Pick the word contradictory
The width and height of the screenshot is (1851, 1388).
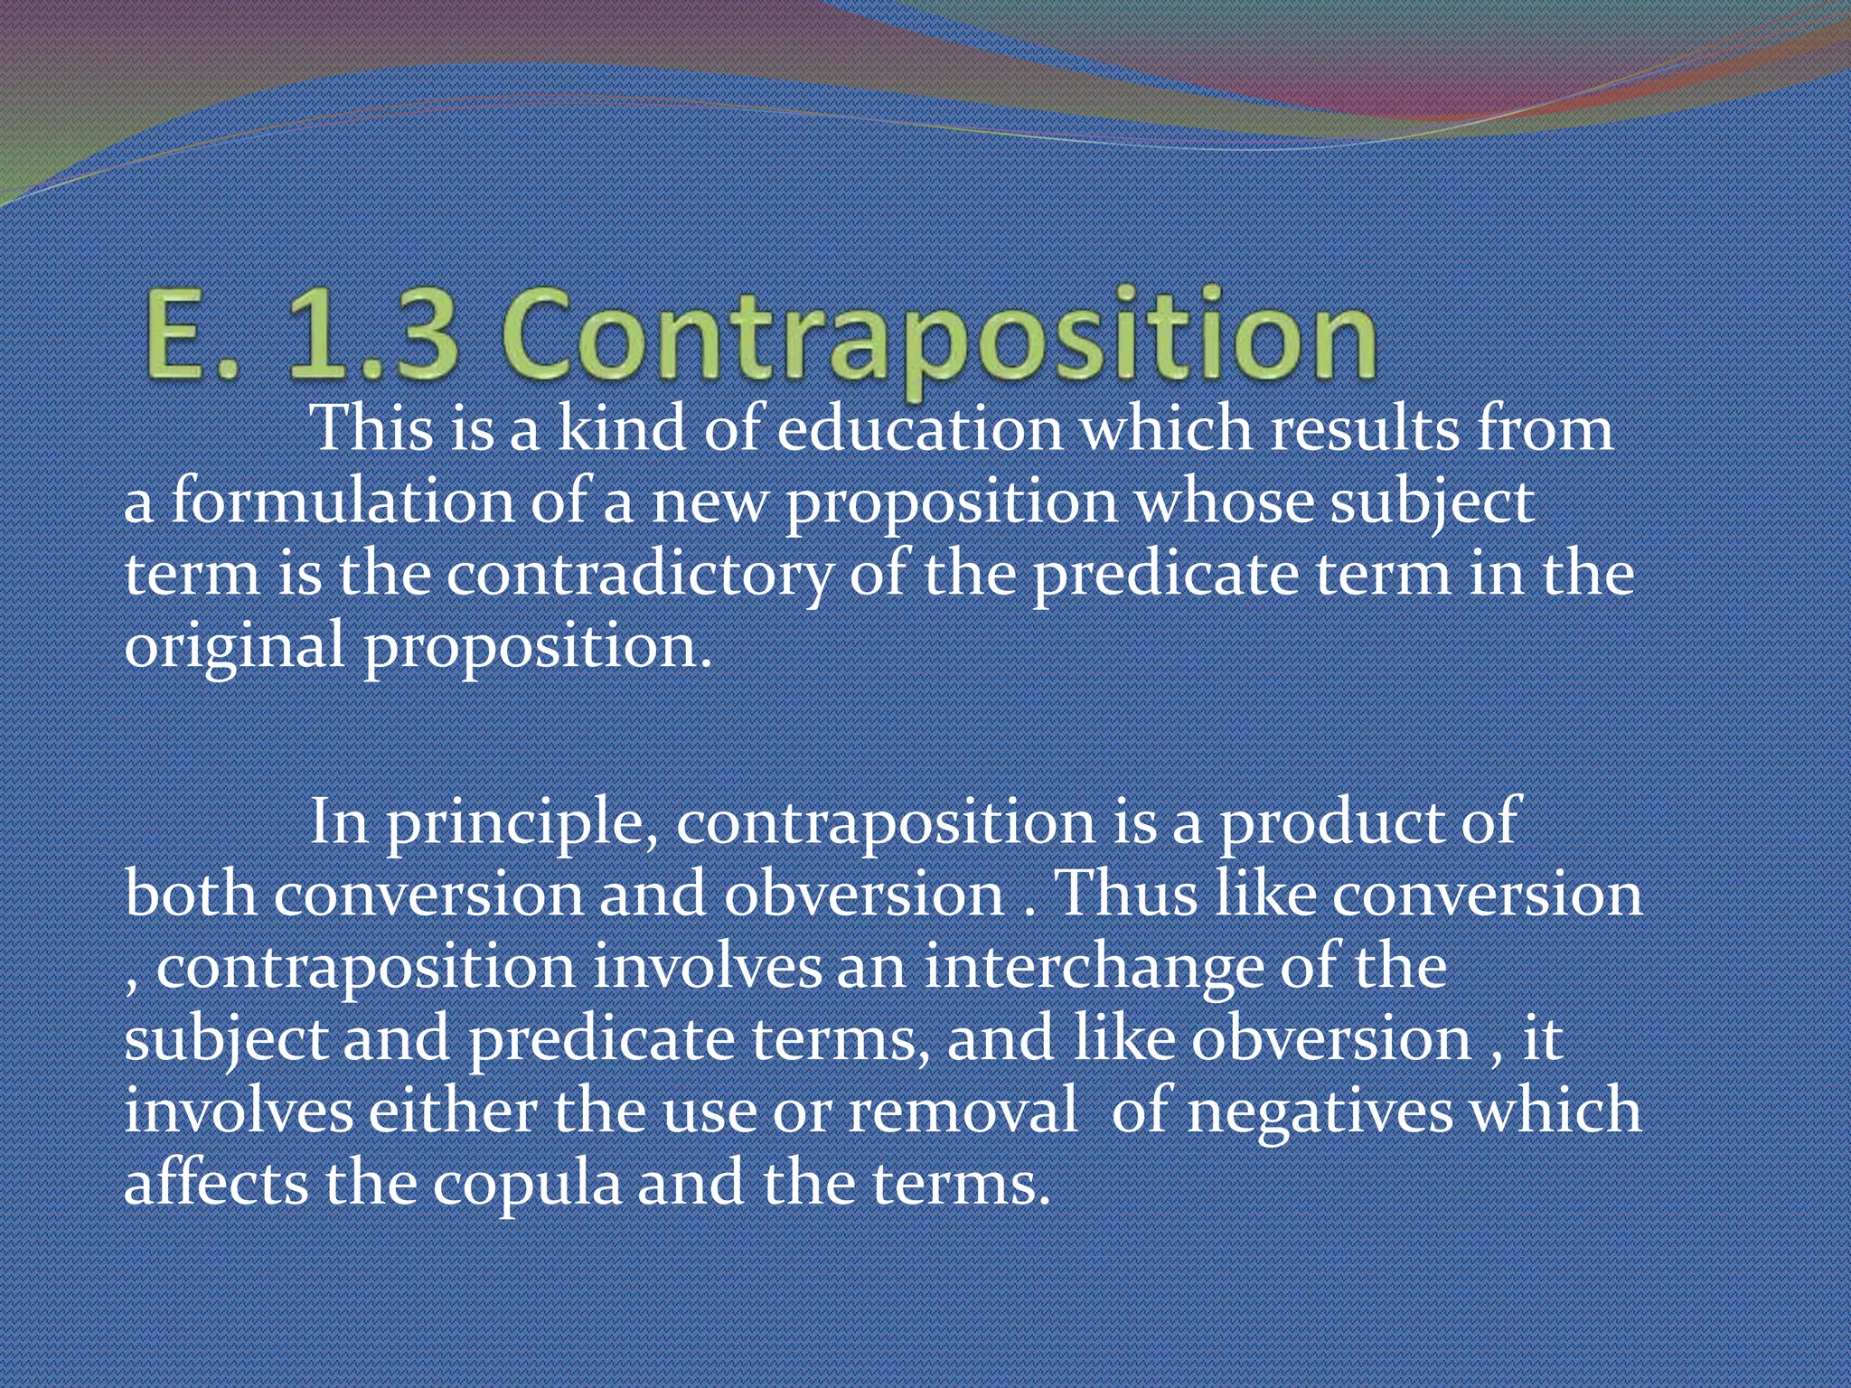click(640, 575)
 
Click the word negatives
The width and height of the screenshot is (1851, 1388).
click(1320, 1111)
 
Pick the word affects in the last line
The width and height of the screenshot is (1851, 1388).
click(216, 1184)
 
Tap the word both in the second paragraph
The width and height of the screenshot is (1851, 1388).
click(191, 895)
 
